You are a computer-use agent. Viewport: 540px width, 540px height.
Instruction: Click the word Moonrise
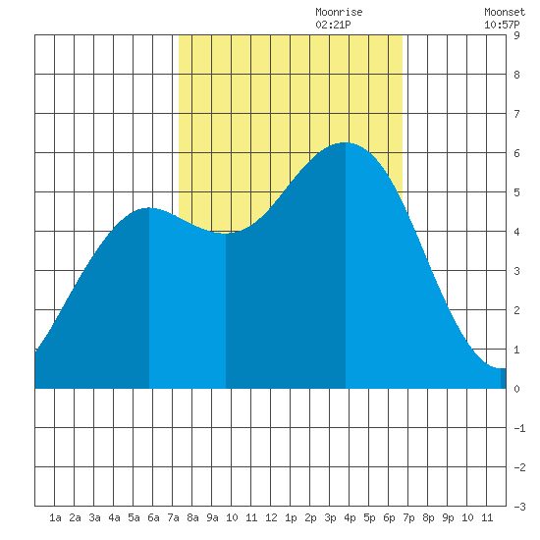[339, 12]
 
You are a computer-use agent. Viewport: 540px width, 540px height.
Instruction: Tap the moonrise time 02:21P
[333, 25]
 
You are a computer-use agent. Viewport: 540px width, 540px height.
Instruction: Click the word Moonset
[505, 12]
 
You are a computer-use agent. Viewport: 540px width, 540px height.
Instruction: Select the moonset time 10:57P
[502, 25]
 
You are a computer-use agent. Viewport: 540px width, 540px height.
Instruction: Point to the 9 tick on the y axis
[516, 35]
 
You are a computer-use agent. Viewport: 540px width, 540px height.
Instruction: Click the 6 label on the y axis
[516, 153]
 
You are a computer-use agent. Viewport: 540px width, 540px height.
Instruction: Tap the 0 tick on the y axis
[516, 389]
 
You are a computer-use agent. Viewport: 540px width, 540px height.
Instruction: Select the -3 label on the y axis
[519, 507]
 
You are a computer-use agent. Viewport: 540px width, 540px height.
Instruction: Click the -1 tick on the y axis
[519, 428]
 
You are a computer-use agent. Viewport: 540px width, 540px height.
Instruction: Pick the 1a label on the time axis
[55, 517]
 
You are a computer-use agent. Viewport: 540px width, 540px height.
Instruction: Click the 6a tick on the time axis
[153, 517]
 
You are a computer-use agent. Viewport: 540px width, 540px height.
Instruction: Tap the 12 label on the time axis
[271, 517]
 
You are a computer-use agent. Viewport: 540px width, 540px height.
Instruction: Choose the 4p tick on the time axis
[350, 517]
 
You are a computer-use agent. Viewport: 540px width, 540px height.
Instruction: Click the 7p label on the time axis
[408, 517]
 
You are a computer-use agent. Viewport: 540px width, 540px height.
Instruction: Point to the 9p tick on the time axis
[448, 517]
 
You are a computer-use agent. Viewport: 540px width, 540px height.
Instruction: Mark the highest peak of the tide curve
[345, 142]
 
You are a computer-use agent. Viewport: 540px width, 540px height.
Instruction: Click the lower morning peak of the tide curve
[148, 208]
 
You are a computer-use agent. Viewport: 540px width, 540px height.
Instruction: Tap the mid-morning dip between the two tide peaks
[226, 233]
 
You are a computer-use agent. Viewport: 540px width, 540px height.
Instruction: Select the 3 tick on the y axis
[516, 271]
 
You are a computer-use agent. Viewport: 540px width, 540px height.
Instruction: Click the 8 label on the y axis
[516, 75]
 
